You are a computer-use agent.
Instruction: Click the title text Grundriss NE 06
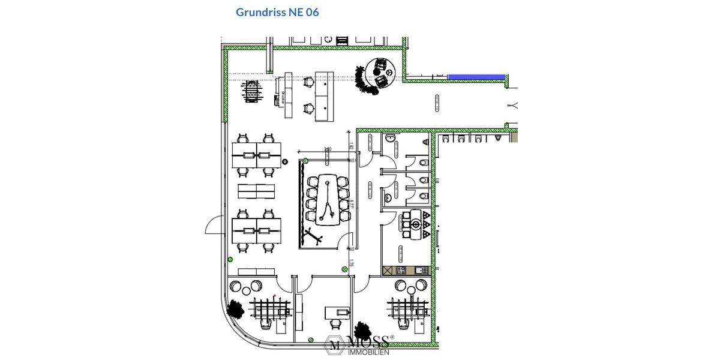click(x=277, y=12)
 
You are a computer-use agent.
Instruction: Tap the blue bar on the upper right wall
click(x=476, y=77)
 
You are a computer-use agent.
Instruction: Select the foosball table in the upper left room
click(x=253, y=92)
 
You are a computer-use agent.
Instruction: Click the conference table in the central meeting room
click(x=328, y=199)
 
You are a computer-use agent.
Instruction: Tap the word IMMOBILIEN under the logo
click(x=368, y=352)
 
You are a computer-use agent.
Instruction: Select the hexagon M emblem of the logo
click(x=334, y=344)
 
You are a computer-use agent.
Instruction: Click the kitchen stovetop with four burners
click(x=401, y=271)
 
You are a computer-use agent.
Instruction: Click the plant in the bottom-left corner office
click(x=235, y=308)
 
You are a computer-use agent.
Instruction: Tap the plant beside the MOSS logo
click(x=362, y=331)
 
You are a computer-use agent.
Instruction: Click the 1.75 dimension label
click(x=352, y=263)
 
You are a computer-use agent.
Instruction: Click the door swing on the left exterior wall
click(x=214, y=226)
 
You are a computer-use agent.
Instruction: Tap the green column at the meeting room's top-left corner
click(x=305, y=160)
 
